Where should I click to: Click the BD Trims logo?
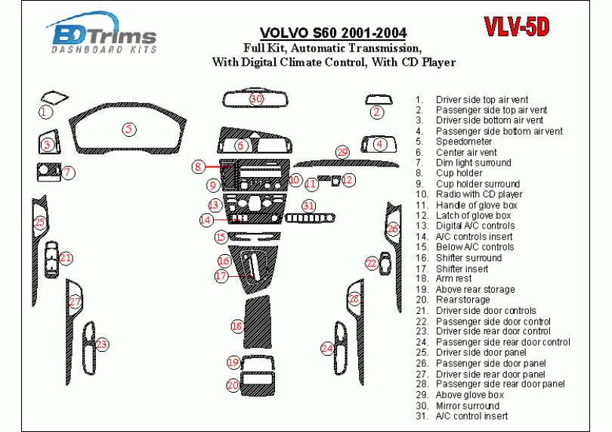(104, 36)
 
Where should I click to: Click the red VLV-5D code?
(516, 27)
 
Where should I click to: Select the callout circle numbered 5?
(130, 129)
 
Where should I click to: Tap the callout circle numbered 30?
(256, 99)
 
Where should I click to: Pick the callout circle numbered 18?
(237, 326)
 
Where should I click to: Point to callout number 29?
(342, 153)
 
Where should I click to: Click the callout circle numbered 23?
(101, 345)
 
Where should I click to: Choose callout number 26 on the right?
(392, 228)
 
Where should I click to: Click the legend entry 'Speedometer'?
(464, 141)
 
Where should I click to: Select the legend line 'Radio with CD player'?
(478, 194)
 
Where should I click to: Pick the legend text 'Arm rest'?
(453, 278)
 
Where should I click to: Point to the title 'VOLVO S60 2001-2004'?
(332, 33)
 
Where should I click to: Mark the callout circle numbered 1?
(46, 112)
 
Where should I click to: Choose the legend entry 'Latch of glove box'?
(473, 216)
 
